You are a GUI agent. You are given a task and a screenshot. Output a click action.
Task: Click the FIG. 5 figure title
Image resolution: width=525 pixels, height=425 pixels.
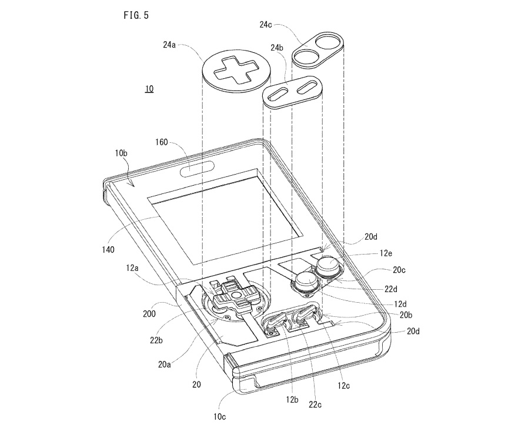click(136, 15)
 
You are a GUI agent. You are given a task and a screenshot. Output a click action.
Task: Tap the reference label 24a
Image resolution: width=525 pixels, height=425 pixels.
click(169, 45)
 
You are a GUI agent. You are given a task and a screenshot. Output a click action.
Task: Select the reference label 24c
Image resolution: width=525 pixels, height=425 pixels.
click(266, 25)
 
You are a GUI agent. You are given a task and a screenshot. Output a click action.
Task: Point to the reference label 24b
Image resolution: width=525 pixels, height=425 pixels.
click(277, 48)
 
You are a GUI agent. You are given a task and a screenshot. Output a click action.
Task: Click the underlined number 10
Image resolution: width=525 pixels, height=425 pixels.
click(149, 89)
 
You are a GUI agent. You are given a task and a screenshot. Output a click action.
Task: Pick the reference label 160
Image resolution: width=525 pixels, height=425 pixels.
click(161, 142)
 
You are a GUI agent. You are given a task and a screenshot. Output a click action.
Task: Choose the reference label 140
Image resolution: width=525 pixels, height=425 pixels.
click(108, 249)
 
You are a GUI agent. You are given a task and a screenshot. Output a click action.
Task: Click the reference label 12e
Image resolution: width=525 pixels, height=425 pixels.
click(386, 253)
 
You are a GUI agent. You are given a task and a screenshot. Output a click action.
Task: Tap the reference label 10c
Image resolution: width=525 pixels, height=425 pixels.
click(219, 417)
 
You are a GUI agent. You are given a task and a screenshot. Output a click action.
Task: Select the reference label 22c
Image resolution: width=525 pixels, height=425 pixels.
click(315, 404)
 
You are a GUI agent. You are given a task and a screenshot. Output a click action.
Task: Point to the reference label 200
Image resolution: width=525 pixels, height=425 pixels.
click(149, 313)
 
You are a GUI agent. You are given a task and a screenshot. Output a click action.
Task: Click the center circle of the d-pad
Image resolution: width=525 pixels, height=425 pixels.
click(236, 295)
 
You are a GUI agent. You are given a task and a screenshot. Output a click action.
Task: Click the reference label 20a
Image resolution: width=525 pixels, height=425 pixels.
click(165, 364)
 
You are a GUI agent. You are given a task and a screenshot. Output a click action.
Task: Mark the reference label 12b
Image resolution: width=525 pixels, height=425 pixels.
click(292, 399)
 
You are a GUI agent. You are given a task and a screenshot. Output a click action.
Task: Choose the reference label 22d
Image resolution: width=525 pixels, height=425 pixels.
click(391, 289)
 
